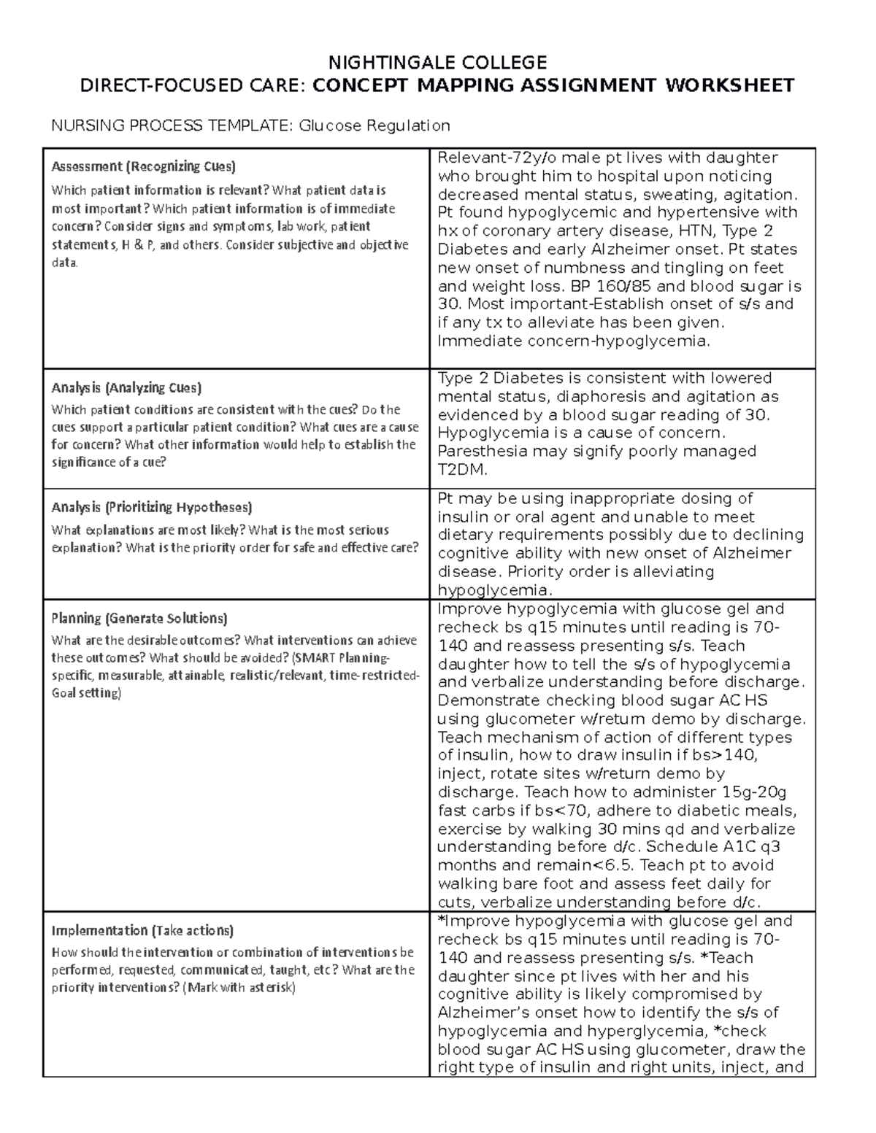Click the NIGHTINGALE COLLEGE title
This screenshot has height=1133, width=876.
[x=437, y=61]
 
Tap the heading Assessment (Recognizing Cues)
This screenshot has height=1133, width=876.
[x=143, y=166]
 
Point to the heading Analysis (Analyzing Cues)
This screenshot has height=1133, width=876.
[x=126, y=387]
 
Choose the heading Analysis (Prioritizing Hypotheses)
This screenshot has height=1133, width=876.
[x=152, y=507]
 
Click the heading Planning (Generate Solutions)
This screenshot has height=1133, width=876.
[x=139, y=619]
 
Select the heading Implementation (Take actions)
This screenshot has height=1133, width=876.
[x=142, y=931]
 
